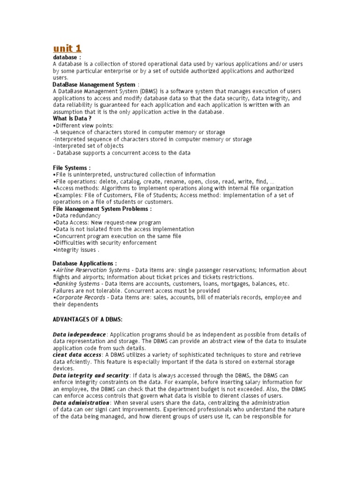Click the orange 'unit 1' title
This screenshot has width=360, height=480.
pyautogui.click(x=67, y=48)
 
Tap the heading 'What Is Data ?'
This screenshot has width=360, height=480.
pyautogui.click(x=72, y=119)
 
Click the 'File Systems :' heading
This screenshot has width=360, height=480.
pyautogui.click(x=72, y=167)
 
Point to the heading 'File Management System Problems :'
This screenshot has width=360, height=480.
pyautogui.click(x=102, y=209)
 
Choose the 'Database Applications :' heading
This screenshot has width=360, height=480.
pyautogui.click(x=84, y=263)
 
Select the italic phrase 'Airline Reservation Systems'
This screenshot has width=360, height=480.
pyautogui.click(x=93, y=270)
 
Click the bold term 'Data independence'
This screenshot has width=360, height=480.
pyautogui.click(x=80, y=335)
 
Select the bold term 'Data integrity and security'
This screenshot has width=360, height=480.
pyautogui.click(x=91, y=375)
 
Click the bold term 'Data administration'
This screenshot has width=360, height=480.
pyautogui.click(x=82, y=403)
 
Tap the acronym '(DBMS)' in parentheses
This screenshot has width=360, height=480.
pyautogui.click(x=145, y=91)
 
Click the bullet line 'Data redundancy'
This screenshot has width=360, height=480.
pyautogui.click(x=78, y=216)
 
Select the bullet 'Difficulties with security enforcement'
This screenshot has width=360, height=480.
pyautogui.click(x=105, y=243)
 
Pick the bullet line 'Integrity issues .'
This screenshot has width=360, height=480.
pyautogui.click(x=77, y=250)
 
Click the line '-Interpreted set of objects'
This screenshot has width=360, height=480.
pyautogui.click(x=89, y=146)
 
